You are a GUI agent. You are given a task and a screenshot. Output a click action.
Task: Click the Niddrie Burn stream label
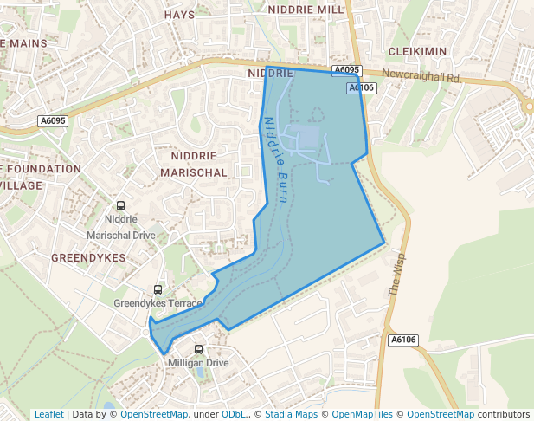click(275, 160)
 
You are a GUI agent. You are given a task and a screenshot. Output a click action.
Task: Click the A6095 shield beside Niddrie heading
click(345, 70)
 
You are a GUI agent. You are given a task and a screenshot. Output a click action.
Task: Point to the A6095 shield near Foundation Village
click(52, 121)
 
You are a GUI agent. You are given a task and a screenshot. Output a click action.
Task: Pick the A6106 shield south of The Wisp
click(403, 340)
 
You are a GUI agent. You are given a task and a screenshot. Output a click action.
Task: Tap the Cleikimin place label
click(417, 52)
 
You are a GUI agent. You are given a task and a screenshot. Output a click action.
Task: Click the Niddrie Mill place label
click(306, 10)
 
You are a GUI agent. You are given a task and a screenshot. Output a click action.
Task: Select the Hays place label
click(179, 15)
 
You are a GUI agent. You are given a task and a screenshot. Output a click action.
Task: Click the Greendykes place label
click(88, 258)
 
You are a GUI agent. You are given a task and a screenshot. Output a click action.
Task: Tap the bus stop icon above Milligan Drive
click(198, 350)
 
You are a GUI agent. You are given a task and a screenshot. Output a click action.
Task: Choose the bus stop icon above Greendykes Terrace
click(158, 289)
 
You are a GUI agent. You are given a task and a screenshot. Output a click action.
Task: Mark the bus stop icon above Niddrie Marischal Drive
click(120, 206)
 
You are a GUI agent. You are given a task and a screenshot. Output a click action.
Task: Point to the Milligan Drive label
click(199, 363)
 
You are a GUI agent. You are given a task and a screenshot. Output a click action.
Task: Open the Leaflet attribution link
click(48, 414)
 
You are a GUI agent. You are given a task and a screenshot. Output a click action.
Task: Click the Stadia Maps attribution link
click(291, 414)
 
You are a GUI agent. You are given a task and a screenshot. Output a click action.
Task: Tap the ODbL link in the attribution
click(234, 414)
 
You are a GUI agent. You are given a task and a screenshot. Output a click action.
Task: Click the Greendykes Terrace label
click(158, 303)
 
